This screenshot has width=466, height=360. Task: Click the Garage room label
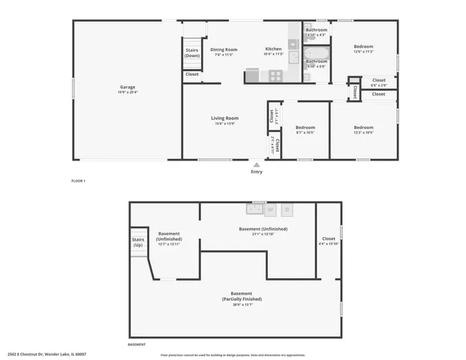[x=128, y=87]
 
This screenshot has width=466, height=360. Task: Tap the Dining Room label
[x=224, y=49]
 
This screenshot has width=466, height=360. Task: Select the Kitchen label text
[x=272, y=49]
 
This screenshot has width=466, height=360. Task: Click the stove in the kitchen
[x=275, y=76]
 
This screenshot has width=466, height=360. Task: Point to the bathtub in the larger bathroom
[x=316, y=52]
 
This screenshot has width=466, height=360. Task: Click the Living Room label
[x=224, y=118]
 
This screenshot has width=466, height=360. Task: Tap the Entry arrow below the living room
[x=257, y=165]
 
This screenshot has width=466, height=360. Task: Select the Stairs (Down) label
[x=192, y=53]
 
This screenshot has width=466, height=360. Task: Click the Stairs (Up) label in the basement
[x=138, y=243]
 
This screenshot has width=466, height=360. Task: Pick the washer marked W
[x=269, y=210]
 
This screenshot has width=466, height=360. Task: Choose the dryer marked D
[x=286, y=210]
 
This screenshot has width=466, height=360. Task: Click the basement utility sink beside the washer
[x=254, y=210]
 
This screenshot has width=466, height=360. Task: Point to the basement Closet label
[x=329, y=238]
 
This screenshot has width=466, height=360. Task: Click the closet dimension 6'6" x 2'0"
[x=379, y=85]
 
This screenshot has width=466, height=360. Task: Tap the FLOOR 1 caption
[x=79, y=181]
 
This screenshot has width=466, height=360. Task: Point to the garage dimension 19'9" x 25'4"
[x=128, y=92]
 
